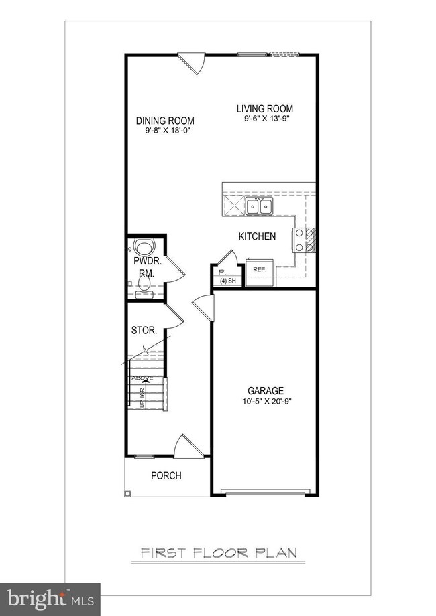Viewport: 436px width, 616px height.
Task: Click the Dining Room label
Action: point(165,121)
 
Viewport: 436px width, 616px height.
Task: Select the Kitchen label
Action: point(258,236)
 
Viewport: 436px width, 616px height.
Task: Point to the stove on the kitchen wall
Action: point(304,240)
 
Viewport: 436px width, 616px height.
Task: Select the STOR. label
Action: point(144,331)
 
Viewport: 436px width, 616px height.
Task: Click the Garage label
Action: point(266,391)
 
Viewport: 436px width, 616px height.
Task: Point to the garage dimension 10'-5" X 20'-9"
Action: point(266,402)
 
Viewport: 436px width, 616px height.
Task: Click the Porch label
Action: point(166,475)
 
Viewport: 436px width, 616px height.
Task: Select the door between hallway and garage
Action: point(203,307)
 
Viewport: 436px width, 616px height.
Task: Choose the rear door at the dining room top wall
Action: point(194,64)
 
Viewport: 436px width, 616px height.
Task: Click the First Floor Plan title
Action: point(219,553)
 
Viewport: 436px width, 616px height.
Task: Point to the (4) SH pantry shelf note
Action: point(227,281)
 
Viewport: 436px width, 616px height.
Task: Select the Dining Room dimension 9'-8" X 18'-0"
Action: point(165,131)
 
